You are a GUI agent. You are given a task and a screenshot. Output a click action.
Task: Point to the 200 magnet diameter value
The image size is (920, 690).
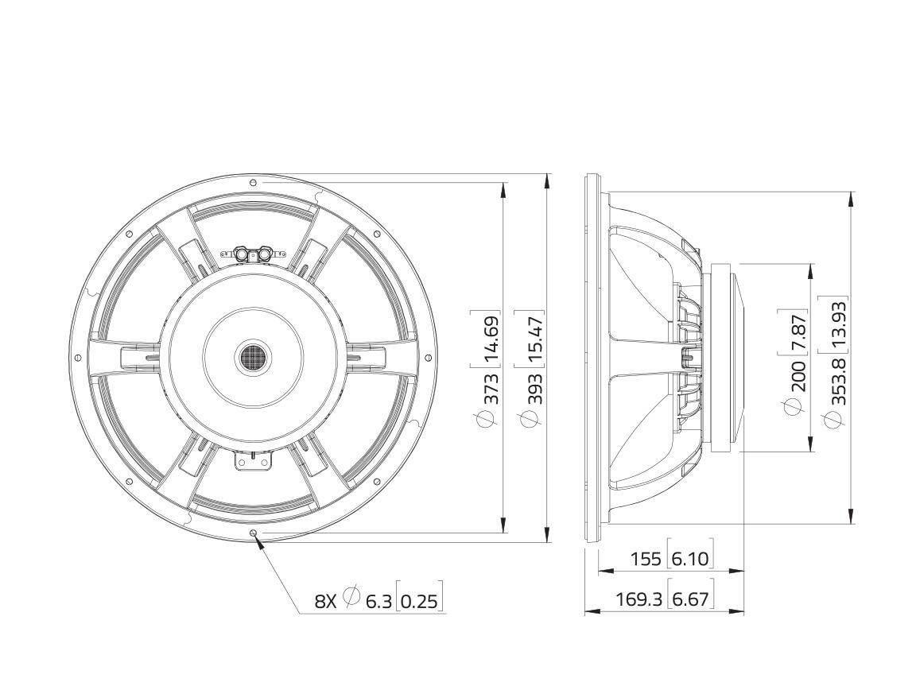(x=799, y=375)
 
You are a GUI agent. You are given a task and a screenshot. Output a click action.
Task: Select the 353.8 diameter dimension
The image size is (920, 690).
(x=839, y=382)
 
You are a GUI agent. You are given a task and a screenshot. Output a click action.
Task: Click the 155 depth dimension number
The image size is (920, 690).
(x=645, y=559)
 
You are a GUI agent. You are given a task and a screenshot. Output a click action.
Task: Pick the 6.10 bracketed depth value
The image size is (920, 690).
(x=689, y=559)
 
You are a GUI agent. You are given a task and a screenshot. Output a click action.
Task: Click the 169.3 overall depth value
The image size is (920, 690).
(x=639, y=599)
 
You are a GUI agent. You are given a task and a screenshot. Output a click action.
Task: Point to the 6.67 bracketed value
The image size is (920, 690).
(x=689, y=599)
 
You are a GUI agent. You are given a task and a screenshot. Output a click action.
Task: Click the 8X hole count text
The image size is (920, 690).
(x=327, y=601)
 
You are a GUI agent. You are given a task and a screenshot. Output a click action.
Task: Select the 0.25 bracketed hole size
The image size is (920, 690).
(x=418, y=601)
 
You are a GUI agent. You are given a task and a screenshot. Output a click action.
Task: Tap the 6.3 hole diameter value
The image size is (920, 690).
(x=378, y=601)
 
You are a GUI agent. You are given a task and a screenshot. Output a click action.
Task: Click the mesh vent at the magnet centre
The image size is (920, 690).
(x=254, y=356)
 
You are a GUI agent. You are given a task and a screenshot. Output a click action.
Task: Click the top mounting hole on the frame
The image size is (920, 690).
(x=253, y=182)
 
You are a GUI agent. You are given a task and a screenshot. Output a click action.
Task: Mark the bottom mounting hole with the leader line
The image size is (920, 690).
(x=253, y=533)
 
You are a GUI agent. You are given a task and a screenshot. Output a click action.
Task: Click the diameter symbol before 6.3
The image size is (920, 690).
(x=352, y=597)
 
